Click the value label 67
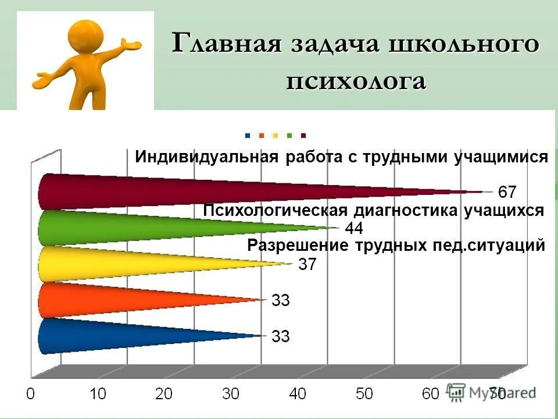[507, 191]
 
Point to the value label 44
[355, 228]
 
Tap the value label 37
[307, 264]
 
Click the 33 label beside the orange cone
[281, 300]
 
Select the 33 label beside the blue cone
[281, 336]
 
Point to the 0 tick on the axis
[31, 394]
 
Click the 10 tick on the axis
[98, 394]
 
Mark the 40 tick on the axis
[298, 394]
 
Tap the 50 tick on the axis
[364, 394]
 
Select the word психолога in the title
[356, 81]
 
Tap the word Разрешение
[297, 246]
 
